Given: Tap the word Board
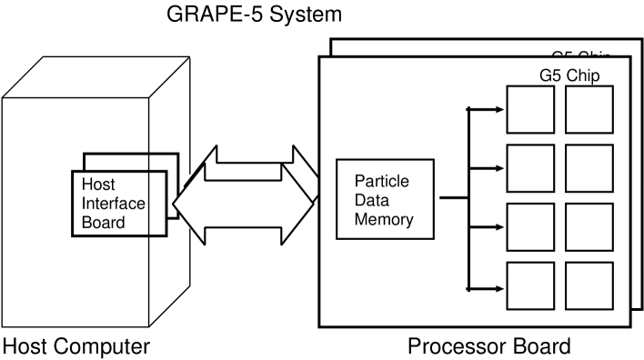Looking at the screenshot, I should [x=103, y=222].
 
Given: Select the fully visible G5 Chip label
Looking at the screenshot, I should [x=569, y=74].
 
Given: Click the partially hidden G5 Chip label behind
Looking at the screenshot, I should [x=581, y=54].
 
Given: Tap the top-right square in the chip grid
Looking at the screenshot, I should [x=589, y=110].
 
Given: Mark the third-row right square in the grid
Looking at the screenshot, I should [x=589, y=227].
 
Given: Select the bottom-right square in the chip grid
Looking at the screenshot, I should [x=589, y=286].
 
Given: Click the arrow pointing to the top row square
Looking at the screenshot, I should [x=486, y=110].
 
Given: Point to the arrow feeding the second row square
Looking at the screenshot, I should [x=486, y=168].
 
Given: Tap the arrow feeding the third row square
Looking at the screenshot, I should [x=486, y=227].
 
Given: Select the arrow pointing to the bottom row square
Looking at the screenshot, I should [x=486, y=289].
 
